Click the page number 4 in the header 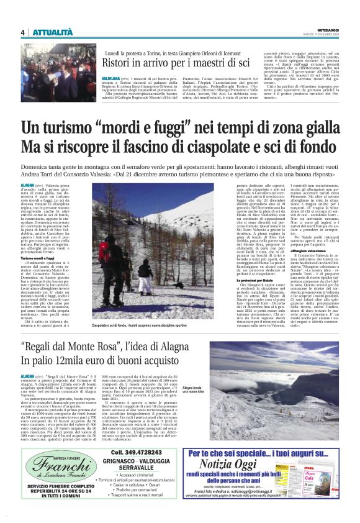[23, 32]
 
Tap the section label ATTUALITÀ [53, 32]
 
